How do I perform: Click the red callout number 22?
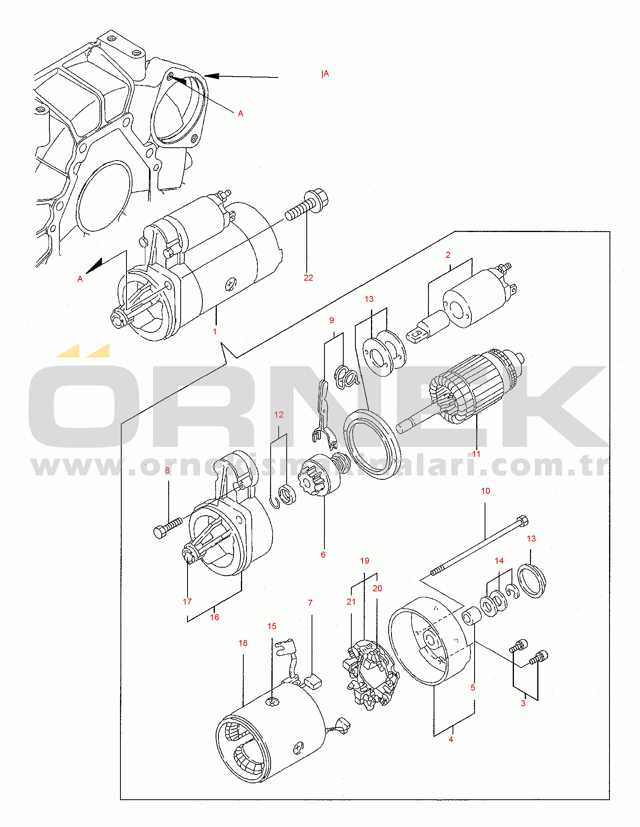[x=308, y=278]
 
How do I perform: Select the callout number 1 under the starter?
[x=215, y=332]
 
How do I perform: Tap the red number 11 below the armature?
[x=476, y=454]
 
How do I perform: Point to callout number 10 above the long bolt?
[x=485, y=491]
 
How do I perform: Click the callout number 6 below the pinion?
[x=323, y=555]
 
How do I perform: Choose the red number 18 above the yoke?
[x=243, y=643]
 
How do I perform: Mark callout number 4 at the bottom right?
[x=451, y=739]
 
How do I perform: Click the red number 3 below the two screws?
[x=523, y=703]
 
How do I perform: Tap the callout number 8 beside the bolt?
[x=167, y=471]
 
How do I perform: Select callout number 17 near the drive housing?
[x=187, y=602]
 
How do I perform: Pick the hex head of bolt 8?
[x=161, y=532]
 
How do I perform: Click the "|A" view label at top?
[x=325, y=74]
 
